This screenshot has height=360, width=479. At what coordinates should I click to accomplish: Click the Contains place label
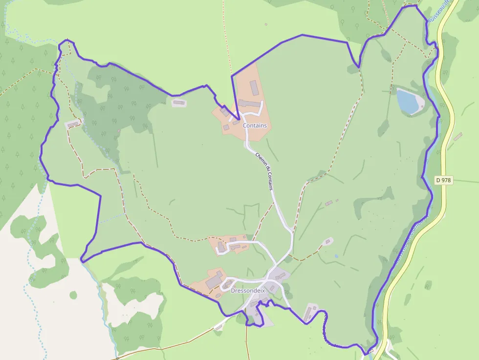(255, 126)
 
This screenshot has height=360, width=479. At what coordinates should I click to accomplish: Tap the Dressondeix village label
(247, 290)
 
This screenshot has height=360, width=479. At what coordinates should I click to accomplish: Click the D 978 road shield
(443, 180)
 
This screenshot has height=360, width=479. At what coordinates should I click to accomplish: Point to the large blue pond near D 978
(408, 101)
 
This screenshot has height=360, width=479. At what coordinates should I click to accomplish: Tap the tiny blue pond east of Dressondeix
(336, 256)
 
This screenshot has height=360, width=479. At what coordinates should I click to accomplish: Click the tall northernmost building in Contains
(254, 88)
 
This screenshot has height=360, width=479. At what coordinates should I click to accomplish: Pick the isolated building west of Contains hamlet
(179, 103)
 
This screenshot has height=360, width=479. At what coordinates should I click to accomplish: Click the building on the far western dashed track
(73, 125)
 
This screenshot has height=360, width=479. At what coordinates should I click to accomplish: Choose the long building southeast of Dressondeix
(309, 313)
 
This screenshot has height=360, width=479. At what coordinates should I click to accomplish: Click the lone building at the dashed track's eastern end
(327, 241)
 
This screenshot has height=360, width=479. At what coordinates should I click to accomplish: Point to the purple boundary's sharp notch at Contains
(238, 119)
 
